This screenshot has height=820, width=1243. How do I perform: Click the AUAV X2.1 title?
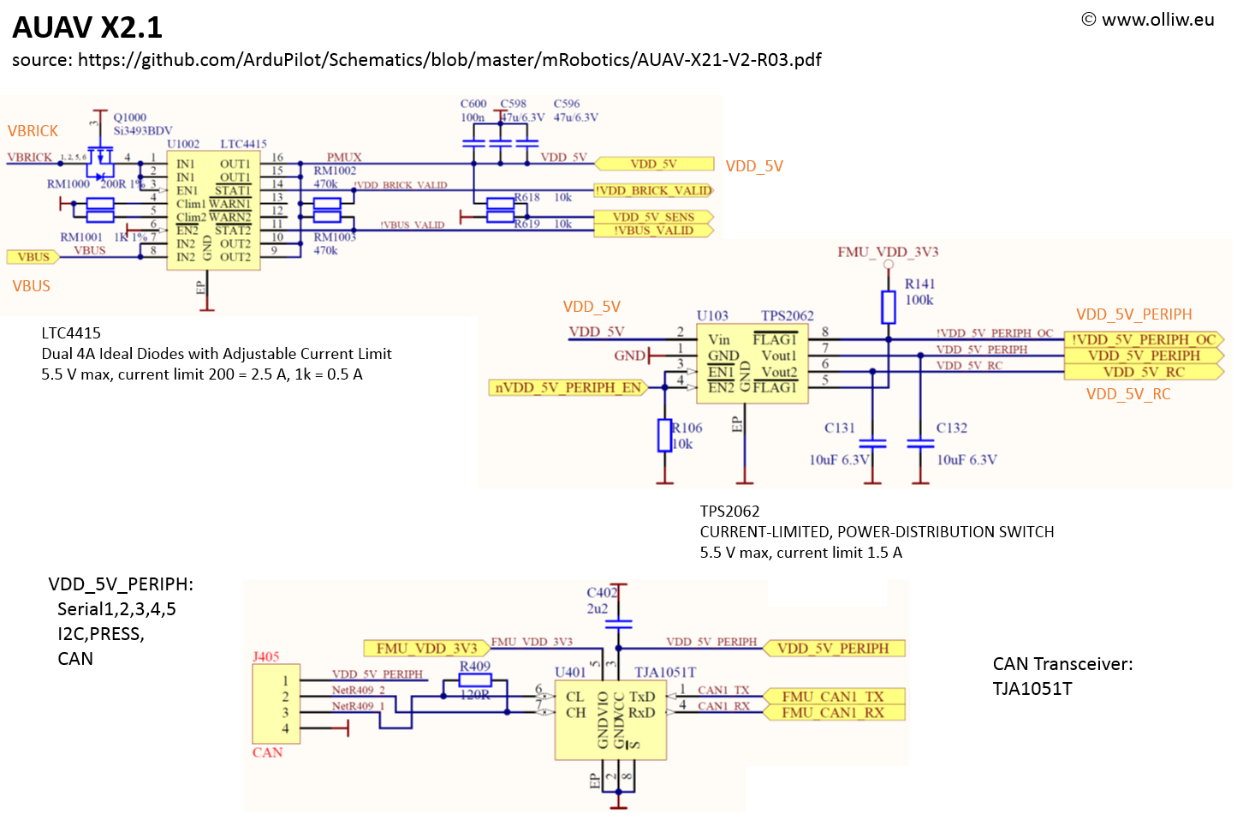point(87,27)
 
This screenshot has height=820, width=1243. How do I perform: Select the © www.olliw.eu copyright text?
point(1147,20)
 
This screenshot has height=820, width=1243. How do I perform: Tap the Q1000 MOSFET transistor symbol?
point(101,157)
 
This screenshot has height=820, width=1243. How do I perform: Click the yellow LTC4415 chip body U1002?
point(213,210)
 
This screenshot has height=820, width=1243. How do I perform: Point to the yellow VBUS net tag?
point(33,256)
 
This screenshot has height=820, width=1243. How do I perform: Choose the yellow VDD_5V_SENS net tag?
point(653,217)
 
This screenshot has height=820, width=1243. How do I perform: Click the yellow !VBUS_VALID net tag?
point(653,230)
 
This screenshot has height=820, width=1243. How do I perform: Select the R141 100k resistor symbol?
point(889,307)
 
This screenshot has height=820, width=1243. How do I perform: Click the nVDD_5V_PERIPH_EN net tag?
point(568,387)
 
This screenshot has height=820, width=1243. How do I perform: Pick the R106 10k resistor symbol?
point(664,435)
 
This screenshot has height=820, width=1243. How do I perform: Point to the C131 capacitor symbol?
point(872,443)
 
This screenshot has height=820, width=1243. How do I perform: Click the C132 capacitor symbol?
point(920,443)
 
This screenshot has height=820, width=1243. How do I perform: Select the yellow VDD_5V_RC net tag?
point(1144,372)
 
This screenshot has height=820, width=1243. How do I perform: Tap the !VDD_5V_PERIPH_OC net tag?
point(1144,339)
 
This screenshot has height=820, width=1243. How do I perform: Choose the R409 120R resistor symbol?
point(475,680)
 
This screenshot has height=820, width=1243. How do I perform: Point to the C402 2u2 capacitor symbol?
point(618,624)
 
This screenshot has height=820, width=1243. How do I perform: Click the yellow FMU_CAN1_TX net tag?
point(832,697)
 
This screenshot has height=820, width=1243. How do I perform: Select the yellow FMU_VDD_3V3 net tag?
point(425,649)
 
